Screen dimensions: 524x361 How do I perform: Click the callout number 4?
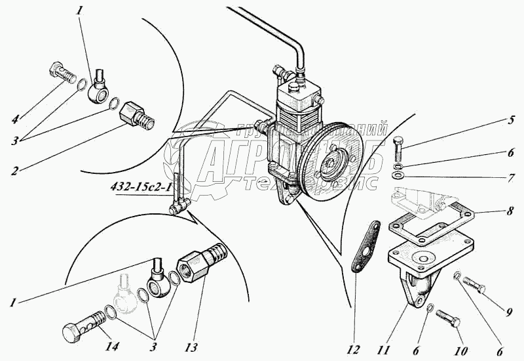(14, 119)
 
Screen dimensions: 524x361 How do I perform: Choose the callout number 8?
(509, 211)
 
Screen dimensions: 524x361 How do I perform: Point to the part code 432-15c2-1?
(140, 187)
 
